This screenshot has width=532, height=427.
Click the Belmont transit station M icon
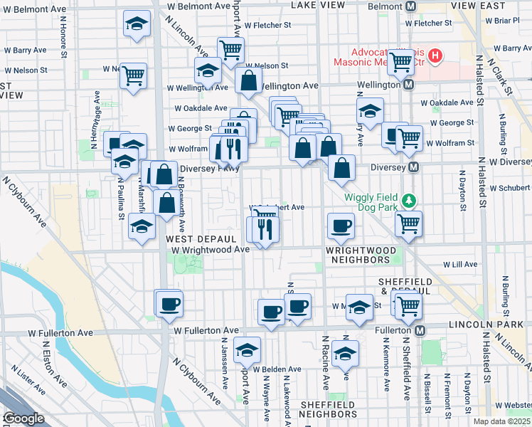click(x=410, y=6)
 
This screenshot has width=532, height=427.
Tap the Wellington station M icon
click(x=409, y=84)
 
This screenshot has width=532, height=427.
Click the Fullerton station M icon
click(x=420, y=331)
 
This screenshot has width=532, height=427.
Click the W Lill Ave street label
click(x=460, y=264)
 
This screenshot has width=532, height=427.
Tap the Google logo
click(x=23, y=418)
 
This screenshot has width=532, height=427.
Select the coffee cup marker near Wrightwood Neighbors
click(x=341, y=226)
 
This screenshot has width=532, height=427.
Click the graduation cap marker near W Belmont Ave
click(x=136, y=24)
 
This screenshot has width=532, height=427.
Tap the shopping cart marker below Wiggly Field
click(x=408, y=223)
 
